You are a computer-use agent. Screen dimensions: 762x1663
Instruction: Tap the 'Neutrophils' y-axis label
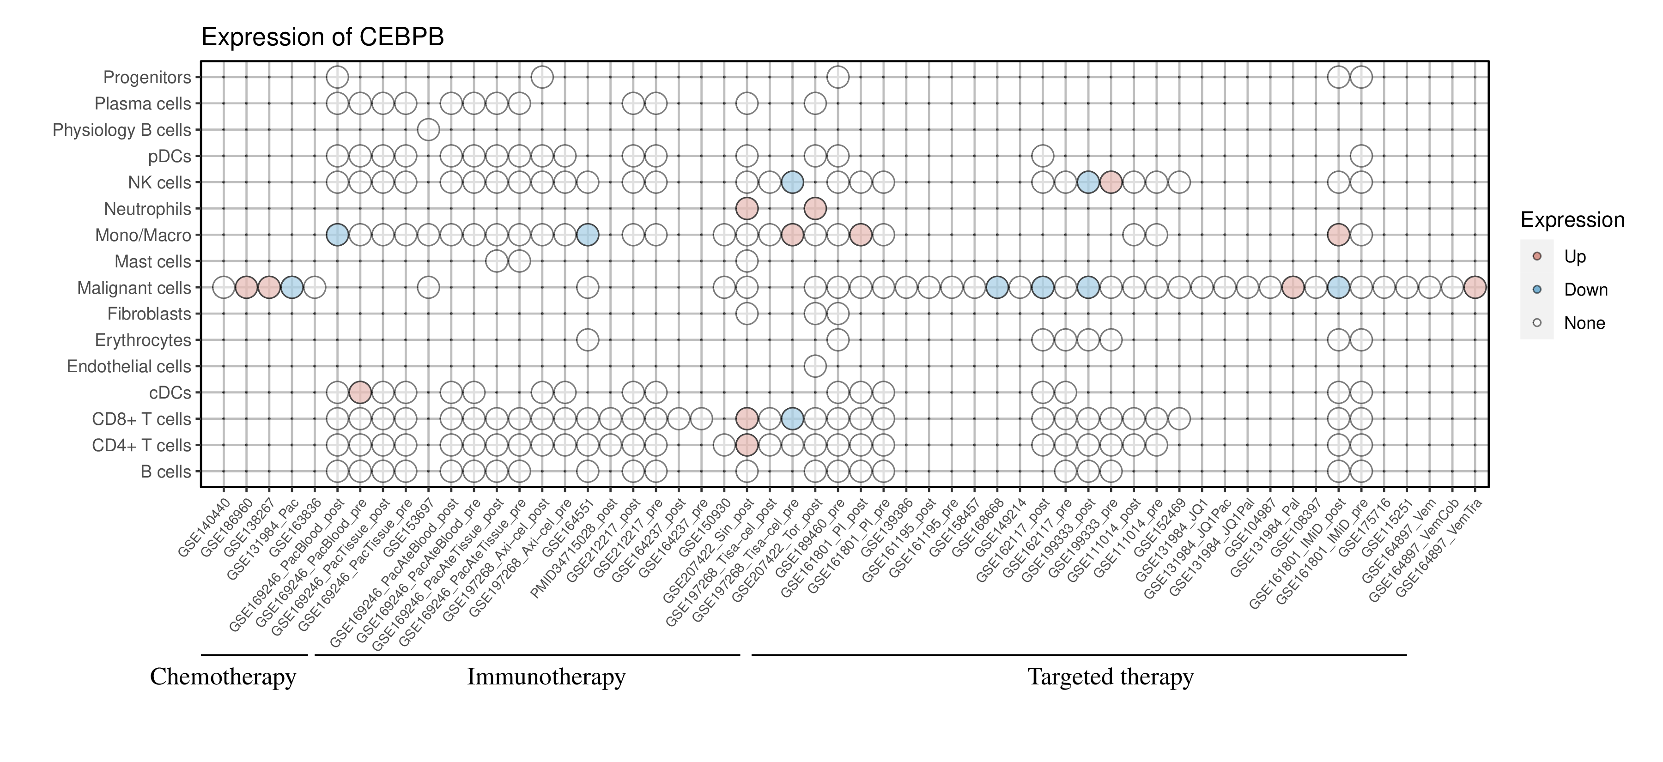(147, 209)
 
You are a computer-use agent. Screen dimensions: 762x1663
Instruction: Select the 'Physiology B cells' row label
(121, 130)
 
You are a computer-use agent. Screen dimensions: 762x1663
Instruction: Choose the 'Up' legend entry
(1575, 257)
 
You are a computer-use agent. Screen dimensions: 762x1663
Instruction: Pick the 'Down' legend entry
(1585, 290)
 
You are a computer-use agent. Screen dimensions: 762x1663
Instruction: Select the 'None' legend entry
(1584, 323)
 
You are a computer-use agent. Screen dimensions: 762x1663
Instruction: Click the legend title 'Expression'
(1572, 220)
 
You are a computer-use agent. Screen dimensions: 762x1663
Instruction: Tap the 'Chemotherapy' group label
(223, 677)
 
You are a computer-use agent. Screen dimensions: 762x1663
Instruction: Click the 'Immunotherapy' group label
(546, 677)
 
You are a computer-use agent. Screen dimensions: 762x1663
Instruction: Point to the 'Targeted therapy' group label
(1111, 677)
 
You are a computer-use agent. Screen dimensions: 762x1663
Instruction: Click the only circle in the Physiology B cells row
(428, 130)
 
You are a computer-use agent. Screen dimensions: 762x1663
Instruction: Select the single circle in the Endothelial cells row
(815, 367)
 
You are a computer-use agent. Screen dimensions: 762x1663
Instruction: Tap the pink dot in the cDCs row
(359, 392)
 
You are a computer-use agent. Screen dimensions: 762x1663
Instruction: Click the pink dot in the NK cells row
(1111, 182)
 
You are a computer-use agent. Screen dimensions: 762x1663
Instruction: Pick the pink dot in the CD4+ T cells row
(747, 445)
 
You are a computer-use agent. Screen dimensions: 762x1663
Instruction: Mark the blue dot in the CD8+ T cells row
(792, 419)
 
